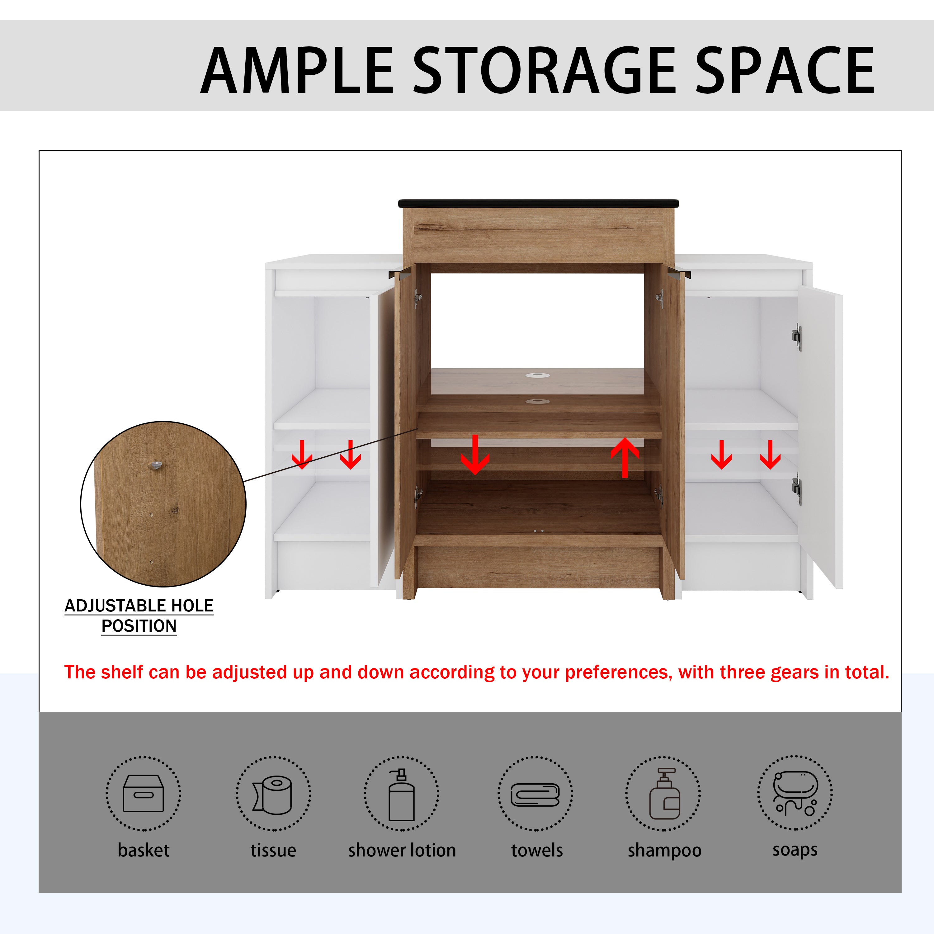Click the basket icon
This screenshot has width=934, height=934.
pyautogui.click(x=143, y=793)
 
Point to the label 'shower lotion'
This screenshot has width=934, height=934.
pyautogui.click(x=402, y=850)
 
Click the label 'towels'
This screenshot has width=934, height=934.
pyautogui.click(x=537, y=850)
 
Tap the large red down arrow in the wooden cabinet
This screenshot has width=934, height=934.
pyautogui.click(x=475, y=455)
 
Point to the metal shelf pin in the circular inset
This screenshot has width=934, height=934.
pyautogui.click(x=155, y=465)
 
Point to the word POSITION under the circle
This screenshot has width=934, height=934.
pyautogui.click(x=139, y=626)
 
